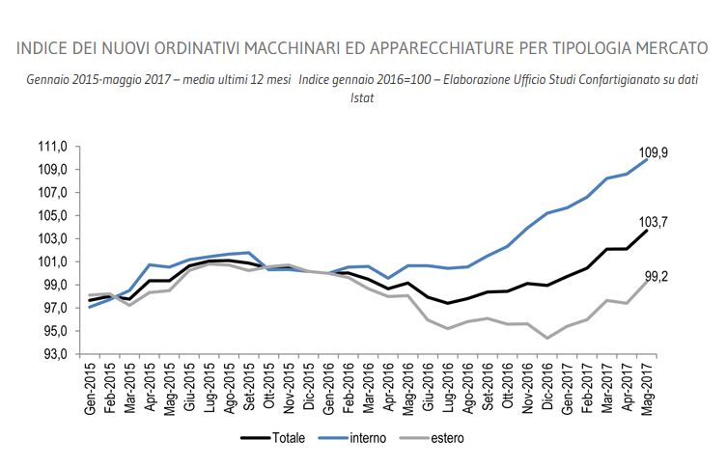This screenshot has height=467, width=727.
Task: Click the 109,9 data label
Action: [654, 152]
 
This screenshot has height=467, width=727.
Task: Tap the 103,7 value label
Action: [654, 222]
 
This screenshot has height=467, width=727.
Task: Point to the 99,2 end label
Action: [656, 276]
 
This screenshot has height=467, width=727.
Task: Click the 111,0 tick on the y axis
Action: [51, 147]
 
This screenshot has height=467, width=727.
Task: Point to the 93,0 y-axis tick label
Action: [53, 354]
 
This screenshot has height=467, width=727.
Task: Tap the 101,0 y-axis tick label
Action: [51, 261]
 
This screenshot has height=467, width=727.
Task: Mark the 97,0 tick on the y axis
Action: [53, 308]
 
